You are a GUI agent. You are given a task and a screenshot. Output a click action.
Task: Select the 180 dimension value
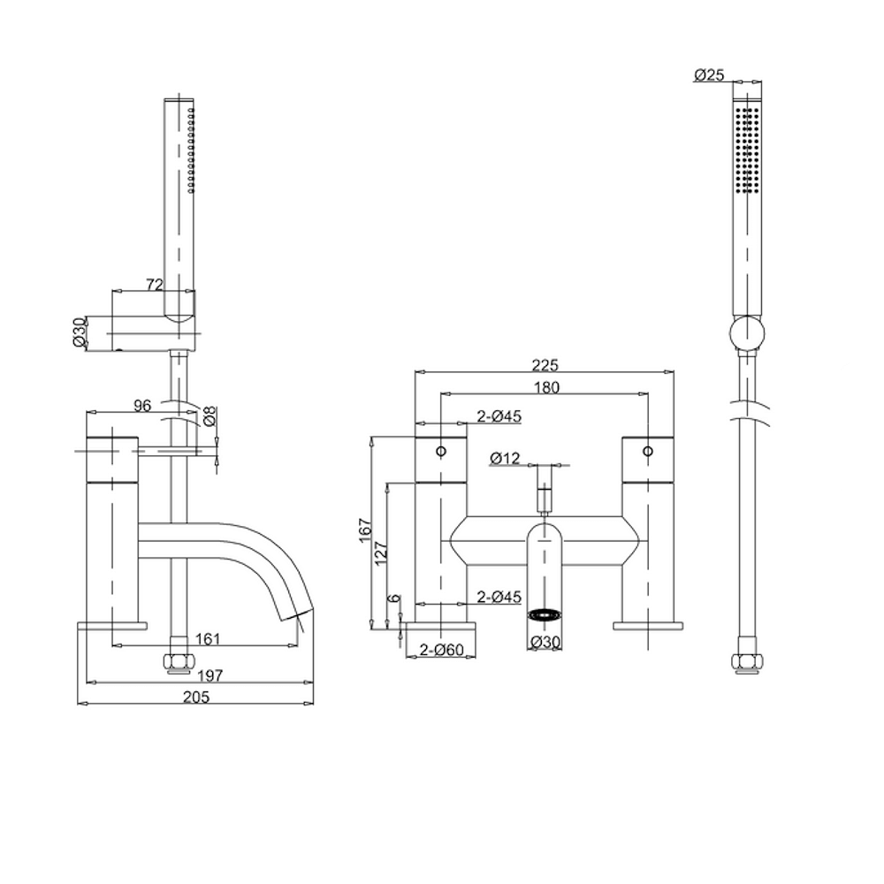pyautogui.click(x=545, y=387)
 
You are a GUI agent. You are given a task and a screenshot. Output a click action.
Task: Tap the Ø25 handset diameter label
pyautogui.click(x=709, y=76)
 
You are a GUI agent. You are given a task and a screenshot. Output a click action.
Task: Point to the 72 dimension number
pyautogui.click(x=155, y=284)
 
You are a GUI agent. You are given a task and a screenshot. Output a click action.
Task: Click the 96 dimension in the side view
pyautogui.click(x=141, y=405)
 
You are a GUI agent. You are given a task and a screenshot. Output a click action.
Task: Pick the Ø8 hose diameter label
pyautogui.click(x=210, y=415)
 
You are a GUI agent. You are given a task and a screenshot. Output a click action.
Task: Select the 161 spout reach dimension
pyautogui.click(x=209, y=638)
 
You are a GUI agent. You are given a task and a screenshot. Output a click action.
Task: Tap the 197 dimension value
pyautogui.click(x=210, y=675)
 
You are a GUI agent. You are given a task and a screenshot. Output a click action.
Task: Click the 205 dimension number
pyautogui.click(x=196, y=697)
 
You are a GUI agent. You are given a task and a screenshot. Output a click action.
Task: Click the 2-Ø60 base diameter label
pyautogui.click(x=443, y=650)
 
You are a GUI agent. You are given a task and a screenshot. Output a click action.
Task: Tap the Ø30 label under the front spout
pyautogui.click(x=545, y=644)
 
